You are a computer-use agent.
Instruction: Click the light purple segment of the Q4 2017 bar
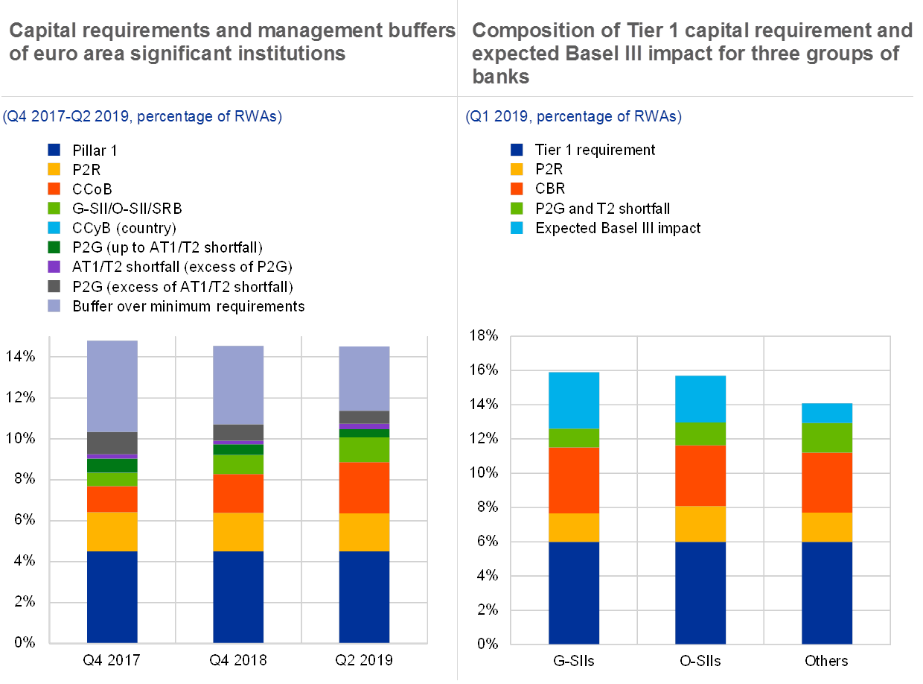click(112, 386)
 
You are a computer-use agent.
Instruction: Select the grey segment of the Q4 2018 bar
click(238, 432)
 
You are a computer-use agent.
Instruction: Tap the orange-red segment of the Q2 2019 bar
click(364, 487)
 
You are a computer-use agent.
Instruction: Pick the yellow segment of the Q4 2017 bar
click(112, 532)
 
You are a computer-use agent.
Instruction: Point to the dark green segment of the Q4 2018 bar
click(238, 449)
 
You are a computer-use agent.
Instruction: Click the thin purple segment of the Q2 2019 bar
click(364, 426)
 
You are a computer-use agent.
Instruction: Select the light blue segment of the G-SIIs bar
click(574, 400)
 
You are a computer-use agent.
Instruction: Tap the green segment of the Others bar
click(827, 437)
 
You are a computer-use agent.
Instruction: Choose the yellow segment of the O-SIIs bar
click(700, 524)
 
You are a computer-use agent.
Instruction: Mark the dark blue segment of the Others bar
click(827, 592)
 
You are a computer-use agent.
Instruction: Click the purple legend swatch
click(54, 265)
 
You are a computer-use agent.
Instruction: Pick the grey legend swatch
click(54, 285)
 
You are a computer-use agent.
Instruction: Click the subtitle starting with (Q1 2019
click(573, 116)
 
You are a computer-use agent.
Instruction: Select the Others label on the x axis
click(827, 661)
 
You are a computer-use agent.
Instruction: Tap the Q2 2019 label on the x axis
click(364, 661)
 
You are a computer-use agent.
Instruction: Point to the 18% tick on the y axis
click(483, 337)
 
